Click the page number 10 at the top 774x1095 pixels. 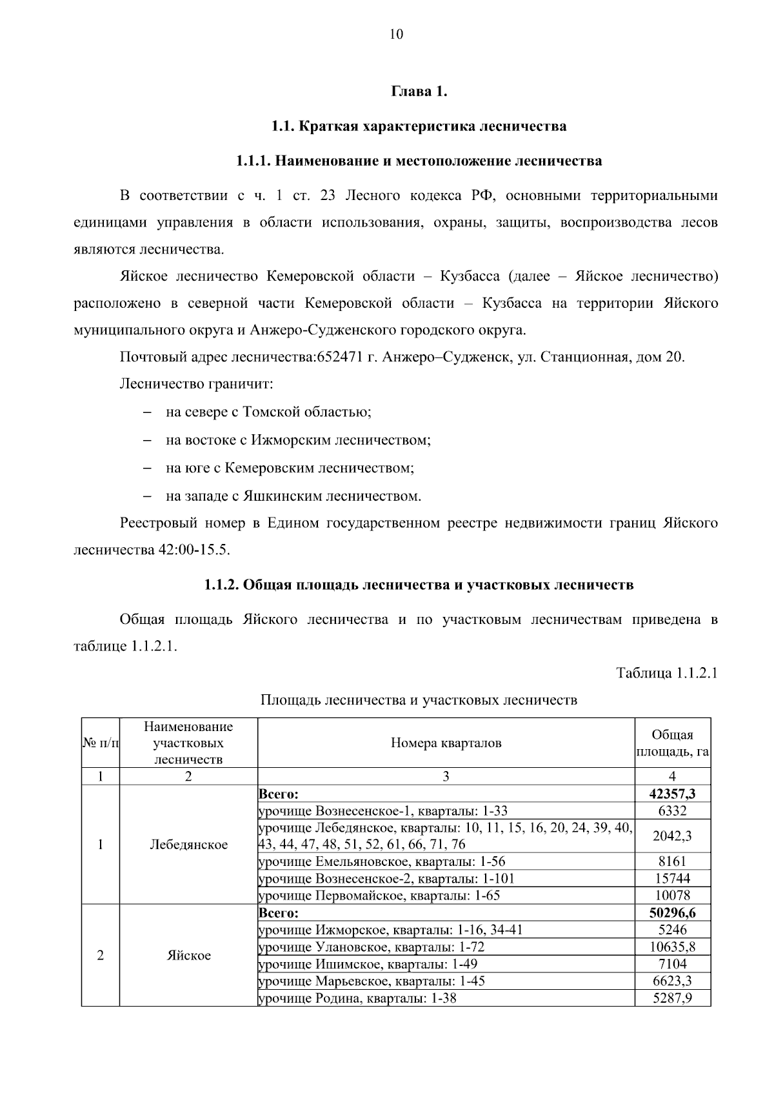[x=396, y=35]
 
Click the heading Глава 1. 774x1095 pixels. [x=419, y=91]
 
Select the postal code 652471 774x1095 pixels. [x=340, y=357]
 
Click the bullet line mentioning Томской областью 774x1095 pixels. [x=268, y=412]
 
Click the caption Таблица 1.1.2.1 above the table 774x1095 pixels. [x=666, y=673]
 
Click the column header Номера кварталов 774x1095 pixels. [x=446, y=743]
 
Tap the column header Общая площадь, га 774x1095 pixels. [x=672, y=743]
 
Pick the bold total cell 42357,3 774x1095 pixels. [x=672, y=794]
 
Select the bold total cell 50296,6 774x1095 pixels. [x=672, y=913]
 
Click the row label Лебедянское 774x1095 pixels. [x=188, y=845]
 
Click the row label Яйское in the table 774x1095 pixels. [x=188, y=956]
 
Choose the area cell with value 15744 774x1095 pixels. [x=672, y=878]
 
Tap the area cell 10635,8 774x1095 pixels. [x=672, y=947]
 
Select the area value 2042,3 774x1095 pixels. [x=672, y=836]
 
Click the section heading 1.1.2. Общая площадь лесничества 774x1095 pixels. [x=419, y=585]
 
